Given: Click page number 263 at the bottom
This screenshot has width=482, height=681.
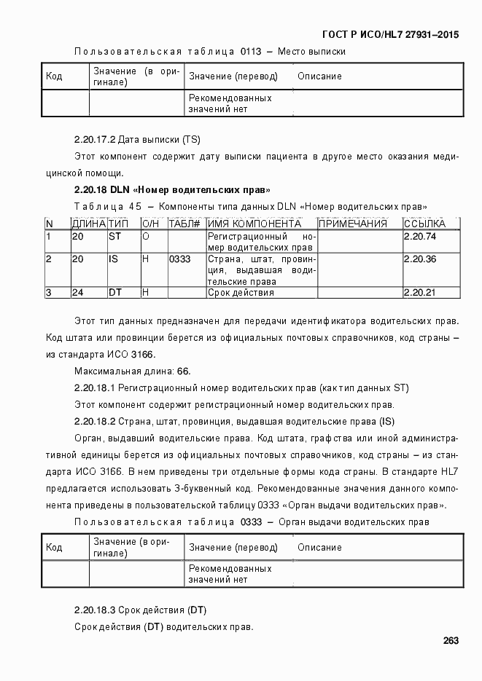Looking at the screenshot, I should coord(450,641).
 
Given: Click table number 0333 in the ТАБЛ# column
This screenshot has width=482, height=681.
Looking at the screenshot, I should coord(179,259).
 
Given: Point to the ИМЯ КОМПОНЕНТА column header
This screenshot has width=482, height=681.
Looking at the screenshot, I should coord(249,224).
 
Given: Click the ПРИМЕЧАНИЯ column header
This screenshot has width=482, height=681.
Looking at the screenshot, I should coord(353,224).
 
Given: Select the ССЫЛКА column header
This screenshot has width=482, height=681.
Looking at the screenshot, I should coord(425,224).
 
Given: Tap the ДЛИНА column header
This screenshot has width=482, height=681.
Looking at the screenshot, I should coord(88,224).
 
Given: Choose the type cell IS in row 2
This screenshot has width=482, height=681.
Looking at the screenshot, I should coord(113,259).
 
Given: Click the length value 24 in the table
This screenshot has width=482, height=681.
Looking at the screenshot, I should coord(77,292).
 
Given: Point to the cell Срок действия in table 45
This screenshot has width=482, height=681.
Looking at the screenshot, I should coord(241,292).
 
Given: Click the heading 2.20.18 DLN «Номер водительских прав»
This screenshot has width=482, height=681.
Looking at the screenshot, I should coord(172,189).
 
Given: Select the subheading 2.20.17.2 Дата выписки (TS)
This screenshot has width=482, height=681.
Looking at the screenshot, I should coord(137,138).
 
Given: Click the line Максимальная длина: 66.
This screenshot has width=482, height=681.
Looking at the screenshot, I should coord(132,371).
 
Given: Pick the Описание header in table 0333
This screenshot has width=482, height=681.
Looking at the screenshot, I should coord(319,548).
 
